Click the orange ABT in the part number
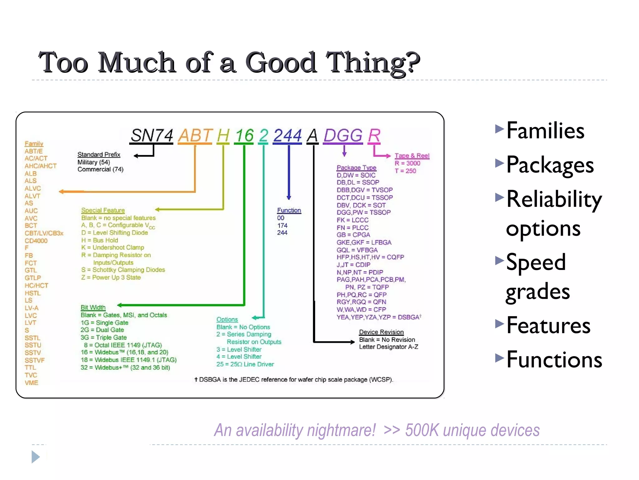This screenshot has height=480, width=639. click(x=195, y=136)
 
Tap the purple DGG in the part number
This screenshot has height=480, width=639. click(x=343, y=136)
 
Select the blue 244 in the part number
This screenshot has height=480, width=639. click(x=287, y=136)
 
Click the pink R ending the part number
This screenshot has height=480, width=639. click(x=374, y=136)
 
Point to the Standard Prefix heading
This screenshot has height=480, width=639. click(x=99, y=154)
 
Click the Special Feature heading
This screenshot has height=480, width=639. click(x=103, y=210)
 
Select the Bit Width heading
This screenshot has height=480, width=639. click(x=93, y=307)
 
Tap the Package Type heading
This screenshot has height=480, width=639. click(x=356, y=167)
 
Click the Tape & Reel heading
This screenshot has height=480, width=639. click(x=412, y=156)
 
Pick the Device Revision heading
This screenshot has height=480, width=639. click(x=381, y=332)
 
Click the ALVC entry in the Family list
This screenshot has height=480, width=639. click(x=33, y=188)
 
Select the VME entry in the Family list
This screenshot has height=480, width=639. click(x=32, y=383)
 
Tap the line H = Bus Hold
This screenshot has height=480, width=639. click(x=100, y=240)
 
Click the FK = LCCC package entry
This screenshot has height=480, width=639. click(x=352, y=220)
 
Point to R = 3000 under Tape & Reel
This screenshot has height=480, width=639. click(x=407, y=163)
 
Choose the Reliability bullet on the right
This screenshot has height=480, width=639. click(x=554, y=199)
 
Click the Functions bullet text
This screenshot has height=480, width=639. click(x=554, y=360)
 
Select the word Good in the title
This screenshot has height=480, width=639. click(x=281, y=62)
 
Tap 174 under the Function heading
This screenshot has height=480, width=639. click(x=282, y=225)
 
